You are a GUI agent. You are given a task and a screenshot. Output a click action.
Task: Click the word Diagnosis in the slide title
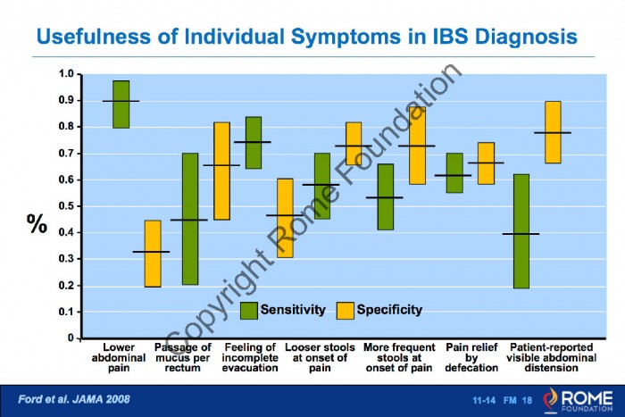526,37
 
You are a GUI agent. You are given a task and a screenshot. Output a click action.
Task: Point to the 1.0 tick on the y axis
66,74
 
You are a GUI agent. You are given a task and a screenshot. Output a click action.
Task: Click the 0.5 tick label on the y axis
66,206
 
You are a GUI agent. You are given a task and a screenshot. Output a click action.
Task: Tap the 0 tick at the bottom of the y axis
71,338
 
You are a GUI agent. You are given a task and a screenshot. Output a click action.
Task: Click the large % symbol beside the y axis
37,223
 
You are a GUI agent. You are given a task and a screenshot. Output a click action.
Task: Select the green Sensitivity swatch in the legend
249,311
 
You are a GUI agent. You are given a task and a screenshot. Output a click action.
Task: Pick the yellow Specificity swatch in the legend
346,311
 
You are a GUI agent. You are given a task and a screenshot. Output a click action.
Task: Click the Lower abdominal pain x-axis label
119,357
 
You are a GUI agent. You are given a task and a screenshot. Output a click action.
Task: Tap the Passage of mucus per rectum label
182,357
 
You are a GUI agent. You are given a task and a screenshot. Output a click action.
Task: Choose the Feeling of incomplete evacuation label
250,357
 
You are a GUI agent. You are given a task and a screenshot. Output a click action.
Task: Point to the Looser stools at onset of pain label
320,357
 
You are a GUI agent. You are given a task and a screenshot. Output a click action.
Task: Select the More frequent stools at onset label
399,357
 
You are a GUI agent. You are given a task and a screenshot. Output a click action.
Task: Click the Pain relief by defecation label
471,357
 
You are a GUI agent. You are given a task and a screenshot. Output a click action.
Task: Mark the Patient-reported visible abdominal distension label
551,357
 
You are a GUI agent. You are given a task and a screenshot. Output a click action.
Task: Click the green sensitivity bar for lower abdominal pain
121,104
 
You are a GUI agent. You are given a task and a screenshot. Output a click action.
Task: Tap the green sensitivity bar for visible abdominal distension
521,231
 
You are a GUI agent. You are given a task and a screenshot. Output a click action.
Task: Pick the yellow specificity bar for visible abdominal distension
553,132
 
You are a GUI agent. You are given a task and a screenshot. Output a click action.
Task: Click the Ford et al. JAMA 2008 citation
74,399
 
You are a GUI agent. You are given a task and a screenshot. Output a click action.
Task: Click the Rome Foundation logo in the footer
578,400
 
